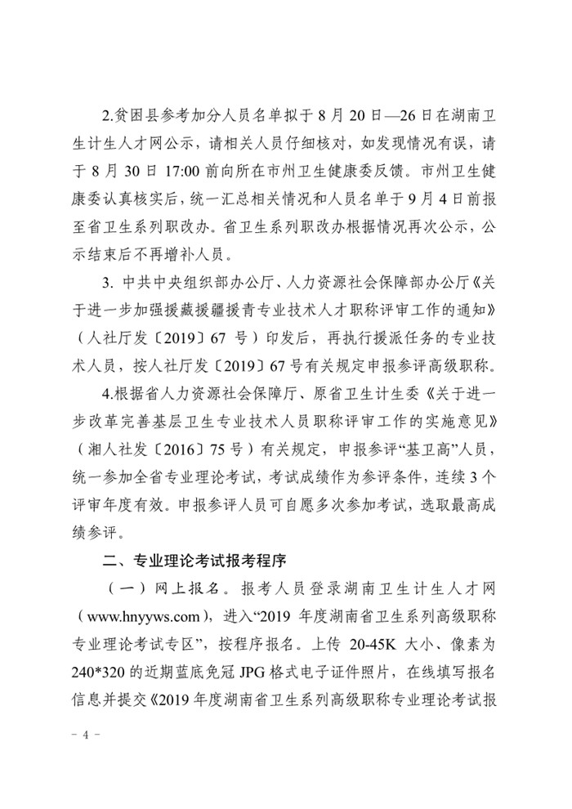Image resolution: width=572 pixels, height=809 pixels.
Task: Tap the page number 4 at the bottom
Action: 84,735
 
